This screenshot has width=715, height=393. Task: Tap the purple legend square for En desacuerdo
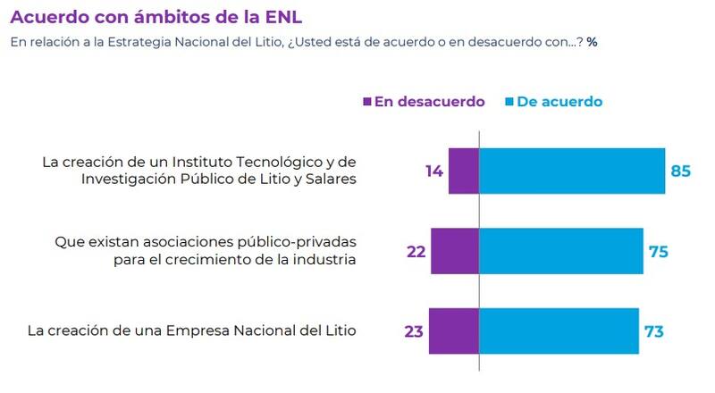tap(366, 102)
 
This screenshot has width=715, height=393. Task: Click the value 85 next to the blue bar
tap(681, 171)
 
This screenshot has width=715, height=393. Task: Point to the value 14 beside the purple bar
tap(434, 171)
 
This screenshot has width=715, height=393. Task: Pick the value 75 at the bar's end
tap(658, 251)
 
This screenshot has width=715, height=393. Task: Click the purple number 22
tap(416, 251)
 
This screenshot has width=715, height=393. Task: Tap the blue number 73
tap(654, 331)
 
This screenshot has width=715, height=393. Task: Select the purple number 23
tap(414, 331)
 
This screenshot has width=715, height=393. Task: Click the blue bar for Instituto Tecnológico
tap(572, 171)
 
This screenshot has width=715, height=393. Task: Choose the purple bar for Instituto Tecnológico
tap(464, 171)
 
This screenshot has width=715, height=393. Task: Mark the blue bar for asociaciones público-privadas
tap(561, 251)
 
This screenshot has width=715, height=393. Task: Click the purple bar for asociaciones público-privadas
tap(455, 251)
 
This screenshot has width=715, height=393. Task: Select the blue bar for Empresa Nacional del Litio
tap(559, 331)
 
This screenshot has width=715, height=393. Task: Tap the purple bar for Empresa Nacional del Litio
tap(454, 331)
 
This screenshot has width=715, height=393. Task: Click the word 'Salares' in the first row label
tap(330, 180)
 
